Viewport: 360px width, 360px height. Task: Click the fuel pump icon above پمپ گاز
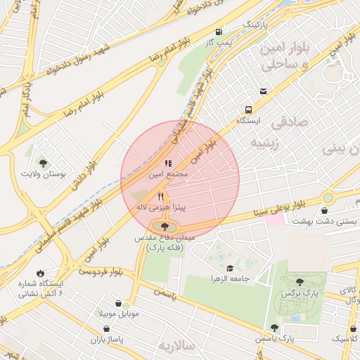(219, 32)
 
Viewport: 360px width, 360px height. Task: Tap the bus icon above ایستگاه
(248, 110)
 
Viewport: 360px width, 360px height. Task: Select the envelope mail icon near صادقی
(263, 91)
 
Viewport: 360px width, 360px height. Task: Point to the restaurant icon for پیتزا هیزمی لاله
(161, 197)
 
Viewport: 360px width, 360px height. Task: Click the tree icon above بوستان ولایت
(44, 162)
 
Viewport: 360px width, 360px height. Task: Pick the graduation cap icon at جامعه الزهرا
(230, 268)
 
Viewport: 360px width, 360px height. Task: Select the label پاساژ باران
(105, 339)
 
